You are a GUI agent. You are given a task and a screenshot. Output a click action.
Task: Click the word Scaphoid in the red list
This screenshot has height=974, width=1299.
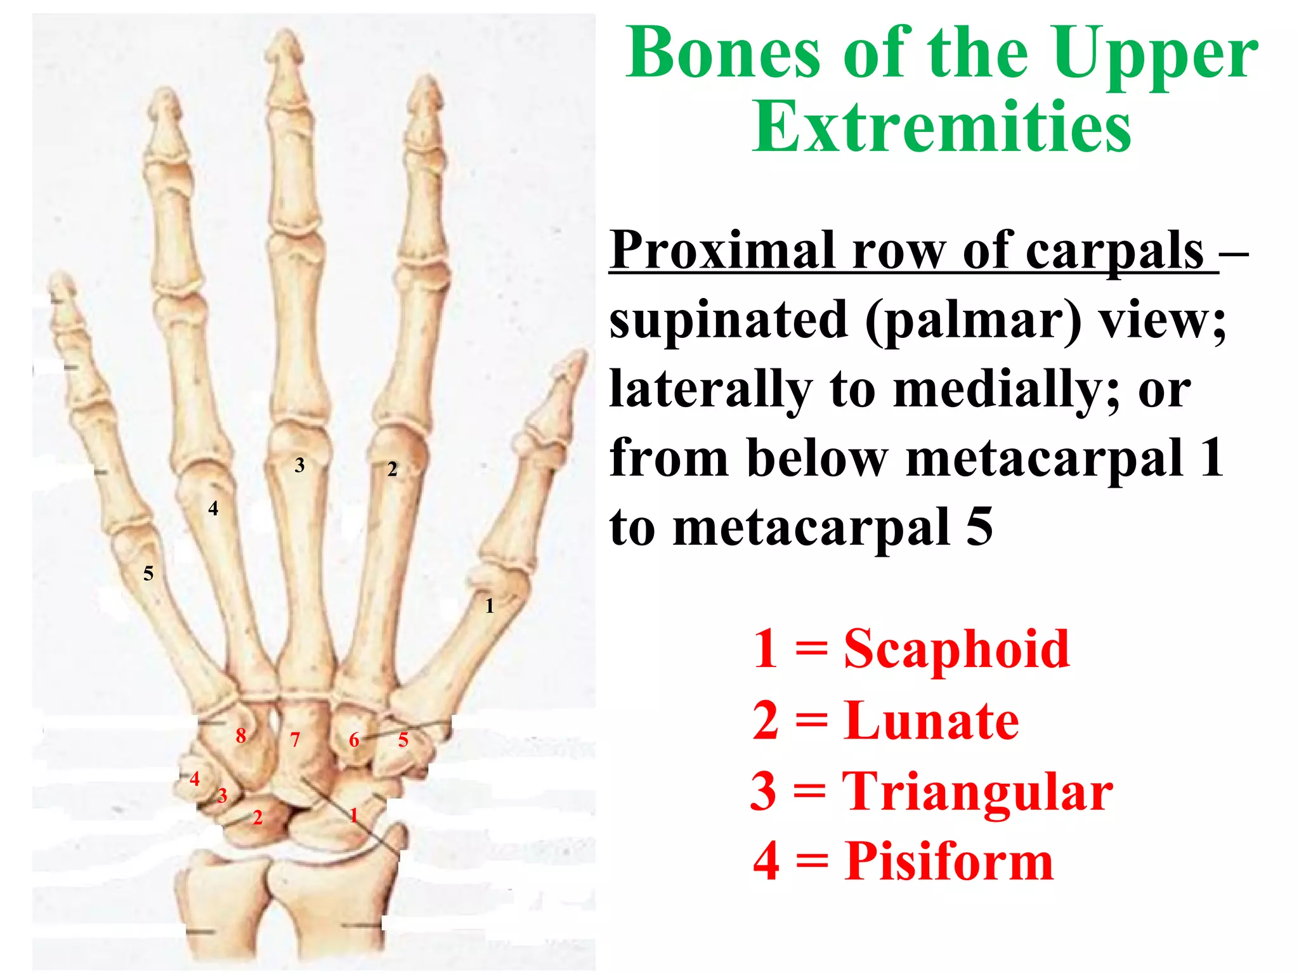point(956,649)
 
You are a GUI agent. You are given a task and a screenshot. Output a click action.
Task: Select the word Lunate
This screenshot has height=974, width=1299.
point(932,721)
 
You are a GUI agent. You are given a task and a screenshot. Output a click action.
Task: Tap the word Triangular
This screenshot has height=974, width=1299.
point(977,791)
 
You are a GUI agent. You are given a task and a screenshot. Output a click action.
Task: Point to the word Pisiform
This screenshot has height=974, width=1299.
point(949,861)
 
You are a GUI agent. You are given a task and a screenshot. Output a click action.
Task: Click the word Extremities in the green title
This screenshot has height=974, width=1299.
point(941,127)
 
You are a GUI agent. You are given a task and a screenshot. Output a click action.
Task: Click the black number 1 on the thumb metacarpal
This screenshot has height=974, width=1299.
point(489,606)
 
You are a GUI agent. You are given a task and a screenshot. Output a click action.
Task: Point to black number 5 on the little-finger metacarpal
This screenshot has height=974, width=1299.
point(148,574)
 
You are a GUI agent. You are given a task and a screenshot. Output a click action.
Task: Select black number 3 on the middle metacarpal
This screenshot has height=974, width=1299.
point(299,465)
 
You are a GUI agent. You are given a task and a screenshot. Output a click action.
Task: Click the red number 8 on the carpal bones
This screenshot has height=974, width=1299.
point(240,736)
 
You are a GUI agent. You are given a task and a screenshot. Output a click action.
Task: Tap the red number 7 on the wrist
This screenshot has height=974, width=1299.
point(295,740)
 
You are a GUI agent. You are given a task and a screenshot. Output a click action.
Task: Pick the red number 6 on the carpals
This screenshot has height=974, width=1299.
point(354,740)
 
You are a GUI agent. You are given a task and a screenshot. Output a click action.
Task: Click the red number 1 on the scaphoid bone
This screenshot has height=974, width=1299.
point(353,815)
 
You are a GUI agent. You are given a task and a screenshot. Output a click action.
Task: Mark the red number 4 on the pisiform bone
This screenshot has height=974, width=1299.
point(195,779)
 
